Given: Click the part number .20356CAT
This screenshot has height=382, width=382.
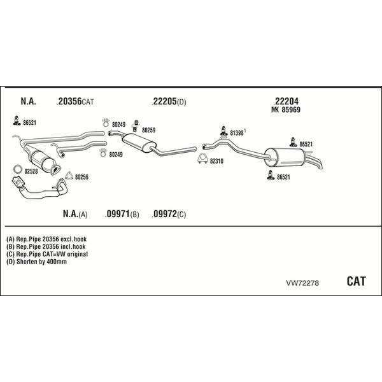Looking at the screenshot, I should tap(75, 101).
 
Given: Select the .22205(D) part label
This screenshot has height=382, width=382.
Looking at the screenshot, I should tap(168, 101).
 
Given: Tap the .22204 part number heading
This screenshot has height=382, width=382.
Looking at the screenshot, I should tap(286, 101).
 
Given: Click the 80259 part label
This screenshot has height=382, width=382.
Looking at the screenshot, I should tap(148, 130).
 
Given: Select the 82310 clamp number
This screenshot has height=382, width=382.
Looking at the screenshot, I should tap(218, 161).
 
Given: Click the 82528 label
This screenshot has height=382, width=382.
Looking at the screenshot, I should tap(31, 170).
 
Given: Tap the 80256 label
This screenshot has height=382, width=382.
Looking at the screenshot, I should tap(81, 177).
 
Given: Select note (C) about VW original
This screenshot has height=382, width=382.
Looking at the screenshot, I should tap(47, 253).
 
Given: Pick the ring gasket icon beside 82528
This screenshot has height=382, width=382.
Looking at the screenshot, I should tap(17, 169).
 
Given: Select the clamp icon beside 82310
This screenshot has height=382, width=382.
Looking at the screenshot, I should tap(201, 160).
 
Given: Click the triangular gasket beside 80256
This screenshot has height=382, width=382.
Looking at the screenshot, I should tap(69, 176).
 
